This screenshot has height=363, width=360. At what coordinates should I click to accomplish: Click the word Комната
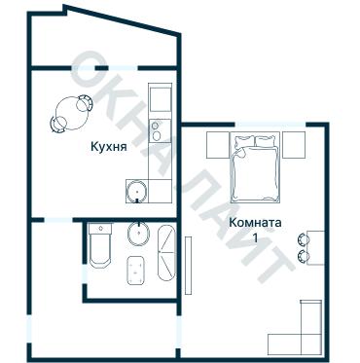point(255,222)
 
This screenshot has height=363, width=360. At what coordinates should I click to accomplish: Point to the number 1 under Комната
point(255,238)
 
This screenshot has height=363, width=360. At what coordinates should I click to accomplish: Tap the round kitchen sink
point(139,189)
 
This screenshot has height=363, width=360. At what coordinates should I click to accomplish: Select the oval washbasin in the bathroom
point(139,235)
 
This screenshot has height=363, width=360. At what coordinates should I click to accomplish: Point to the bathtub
point(167,250)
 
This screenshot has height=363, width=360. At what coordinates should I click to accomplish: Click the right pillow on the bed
point(265,144)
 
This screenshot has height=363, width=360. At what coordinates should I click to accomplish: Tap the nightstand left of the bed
point(219,143)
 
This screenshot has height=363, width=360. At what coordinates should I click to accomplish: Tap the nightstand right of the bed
point(293,143)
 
